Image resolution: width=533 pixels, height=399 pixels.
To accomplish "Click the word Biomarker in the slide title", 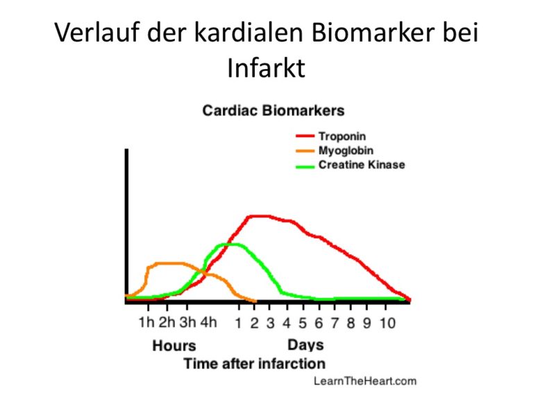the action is (x=372, y=33).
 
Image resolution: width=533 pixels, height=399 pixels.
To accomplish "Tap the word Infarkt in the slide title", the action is (x=266, y=68).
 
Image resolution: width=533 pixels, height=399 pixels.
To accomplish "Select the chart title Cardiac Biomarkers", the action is (x=273, y=111).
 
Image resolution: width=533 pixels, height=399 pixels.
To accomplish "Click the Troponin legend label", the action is (x=342, y=136).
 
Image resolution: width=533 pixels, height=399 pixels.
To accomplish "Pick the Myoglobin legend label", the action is (x=346, y=150).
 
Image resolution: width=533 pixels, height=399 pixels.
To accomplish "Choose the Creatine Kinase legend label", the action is (x=362, y=165).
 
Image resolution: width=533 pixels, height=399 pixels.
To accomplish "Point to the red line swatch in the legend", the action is (x=305, y=136).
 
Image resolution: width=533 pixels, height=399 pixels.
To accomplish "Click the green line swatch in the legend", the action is (x=305, y=166).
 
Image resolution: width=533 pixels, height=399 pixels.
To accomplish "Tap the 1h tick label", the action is (x=146, y=322).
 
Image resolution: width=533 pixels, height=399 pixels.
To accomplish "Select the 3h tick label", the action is (x=187, y=322).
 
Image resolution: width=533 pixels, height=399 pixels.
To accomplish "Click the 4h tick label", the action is (x=208, y=322).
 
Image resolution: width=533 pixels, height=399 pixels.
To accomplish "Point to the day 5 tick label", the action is (x=303, y=323).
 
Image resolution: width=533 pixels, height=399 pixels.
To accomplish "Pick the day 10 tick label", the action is (x=387, y=323).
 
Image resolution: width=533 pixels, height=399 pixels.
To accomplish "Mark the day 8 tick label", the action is (x=350, y=323).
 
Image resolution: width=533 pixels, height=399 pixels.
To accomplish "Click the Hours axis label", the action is (x=174, y=346).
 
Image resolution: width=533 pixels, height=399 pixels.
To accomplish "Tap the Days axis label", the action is (x=305, y=345).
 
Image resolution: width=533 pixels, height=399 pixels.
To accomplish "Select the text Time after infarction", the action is (x=255, y=364).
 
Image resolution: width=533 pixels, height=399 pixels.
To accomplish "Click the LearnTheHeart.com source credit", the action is (x=365, y=381).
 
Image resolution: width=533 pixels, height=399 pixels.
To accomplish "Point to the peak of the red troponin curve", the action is (x=259, y=216).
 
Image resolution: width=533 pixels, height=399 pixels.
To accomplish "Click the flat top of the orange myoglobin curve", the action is (x=169, y=263).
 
